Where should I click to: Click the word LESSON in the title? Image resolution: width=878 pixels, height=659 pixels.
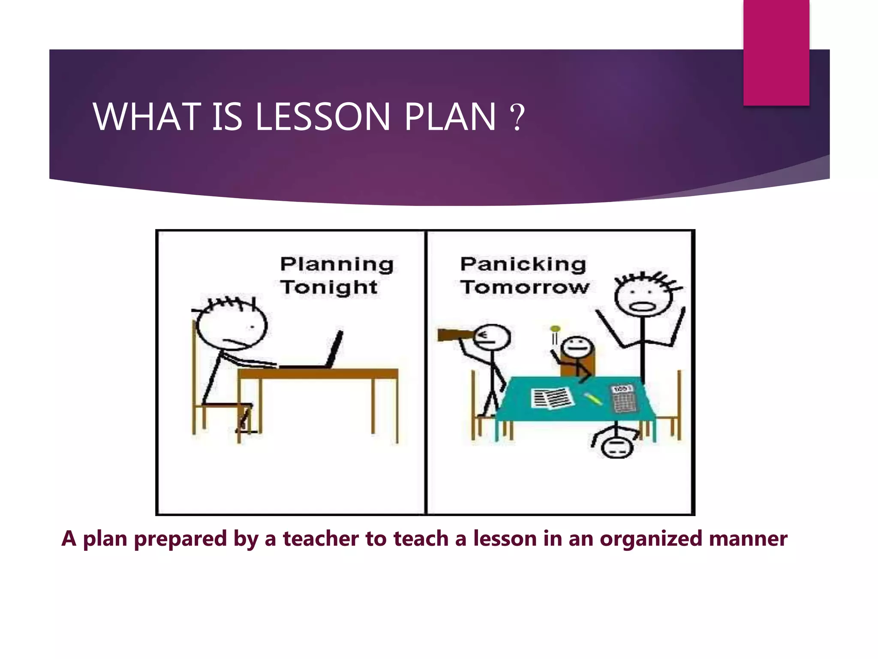(x=322, y=117)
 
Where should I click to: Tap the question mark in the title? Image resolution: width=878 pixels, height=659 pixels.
(x=517, y=117)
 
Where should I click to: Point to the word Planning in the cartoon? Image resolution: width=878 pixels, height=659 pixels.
(x=337, y=265)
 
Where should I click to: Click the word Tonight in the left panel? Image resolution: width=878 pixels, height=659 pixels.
(x=329, y=287)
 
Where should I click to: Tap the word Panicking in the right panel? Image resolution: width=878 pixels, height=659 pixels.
(x=523, y=264)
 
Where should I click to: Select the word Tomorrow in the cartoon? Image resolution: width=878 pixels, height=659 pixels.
(x=525, y=287)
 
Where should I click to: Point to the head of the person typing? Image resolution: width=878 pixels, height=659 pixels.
(x=232, y=326)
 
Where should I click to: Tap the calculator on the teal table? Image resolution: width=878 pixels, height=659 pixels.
(x=624, y=399)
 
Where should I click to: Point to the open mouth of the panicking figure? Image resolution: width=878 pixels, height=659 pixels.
(x=642, y=307)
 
